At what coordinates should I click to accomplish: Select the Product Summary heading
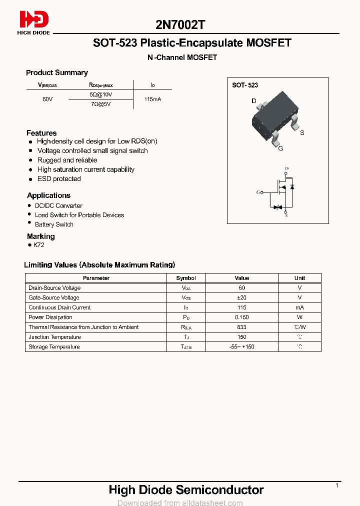pos(56,72)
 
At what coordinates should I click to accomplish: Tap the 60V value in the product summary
pos(47,99)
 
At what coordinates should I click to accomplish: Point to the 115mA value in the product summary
pos(152,99)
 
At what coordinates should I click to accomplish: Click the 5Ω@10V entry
pos(101,94)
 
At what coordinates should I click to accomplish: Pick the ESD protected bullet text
pos(59,178)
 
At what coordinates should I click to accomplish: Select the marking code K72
pos(39,245)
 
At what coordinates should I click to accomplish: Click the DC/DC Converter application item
pos(58,205)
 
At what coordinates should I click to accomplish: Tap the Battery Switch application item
pos(54,224)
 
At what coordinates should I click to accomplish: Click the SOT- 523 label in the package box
pos(245,85)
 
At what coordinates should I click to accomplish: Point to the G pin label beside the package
pos(280,148)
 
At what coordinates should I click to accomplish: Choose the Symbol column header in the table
pos(186,278)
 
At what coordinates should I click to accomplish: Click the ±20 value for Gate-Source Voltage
pos(242,297)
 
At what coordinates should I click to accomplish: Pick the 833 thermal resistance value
pos(242,327)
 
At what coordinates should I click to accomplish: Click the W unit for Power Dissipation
pos(299,317)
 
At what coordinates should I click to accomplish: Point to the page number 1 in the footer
pos(337,485)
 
